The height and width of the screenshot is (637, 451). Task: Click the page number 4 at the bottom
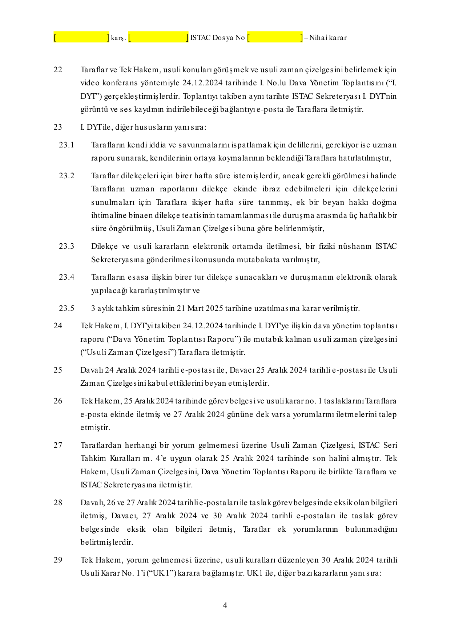click(x=225, y=605)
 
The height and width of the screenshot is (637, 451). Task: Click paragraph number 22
click(x=58, y=69)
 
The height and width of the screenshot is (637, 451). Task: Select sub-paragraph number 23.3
click(x=67, y=246)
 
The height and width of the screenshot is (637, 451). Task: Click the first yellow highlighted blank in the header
click(x=82, y=37)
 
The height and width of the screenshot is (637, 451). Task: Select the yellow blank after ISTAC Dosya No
click(x=275, y=37)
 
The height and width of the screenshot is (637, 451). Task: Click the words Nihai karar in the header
click(x=328, y=37)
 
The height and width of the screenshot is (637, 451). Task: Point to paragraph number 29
click(x=58, y=560)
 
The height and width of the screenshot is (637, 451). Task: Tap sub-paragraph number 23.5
click(x=67, y=308)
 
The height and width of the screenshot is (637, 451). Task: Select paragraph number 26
click(x=58, y=401)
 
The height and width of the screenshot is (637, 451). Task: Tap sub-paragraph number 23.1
click(x=67, y=145)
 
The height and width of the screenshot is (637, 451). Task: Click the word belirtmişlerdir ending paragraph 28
click(x=106, y=542)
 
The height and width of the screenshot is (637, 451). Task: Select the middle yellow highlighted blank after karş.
click(x=158, y=37)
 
